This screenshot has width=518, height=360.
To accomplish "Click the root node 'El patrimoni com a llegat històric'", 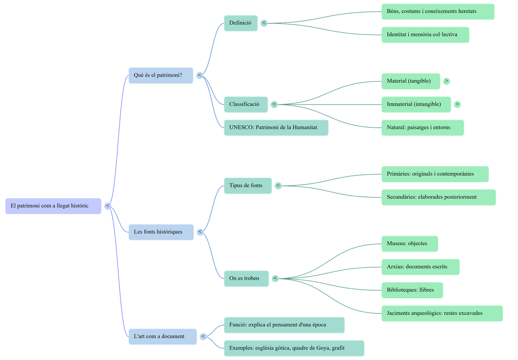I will pos(53,206).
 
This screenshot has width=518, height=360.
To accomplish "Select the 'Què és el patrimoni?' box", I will pos(161,75).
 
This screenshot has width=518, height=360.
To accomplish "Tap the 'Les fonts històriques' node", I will pos(161,232).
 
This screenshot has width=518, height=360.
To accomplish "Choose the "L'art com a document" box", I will pos(163,336).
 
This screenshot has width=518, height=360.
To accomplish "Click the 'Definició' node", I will pos(241,23).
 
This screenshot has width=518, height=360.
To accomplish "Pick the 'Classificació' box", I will pos(246,104).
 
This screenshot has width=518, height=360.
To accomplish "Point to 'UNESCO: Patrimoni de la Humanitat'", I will pos(276,127).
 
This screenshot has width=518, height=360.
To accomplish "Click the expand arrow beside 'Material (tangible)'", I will pos(446,81).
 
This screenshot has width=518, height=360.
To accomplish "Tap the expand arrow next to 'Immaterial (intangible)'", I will pos(457,104).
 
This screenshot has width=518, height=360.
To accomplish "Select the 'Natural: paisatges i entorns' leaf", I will pos(422,127).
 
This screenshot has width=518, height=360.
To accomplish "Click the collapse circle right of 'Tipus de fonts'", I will pos(278,186).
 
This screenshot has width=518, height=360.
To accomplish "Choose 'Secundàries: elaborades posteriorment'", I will pos(438,197).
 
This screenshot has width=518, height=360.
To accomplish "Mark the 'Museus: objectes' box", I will pos(410,244).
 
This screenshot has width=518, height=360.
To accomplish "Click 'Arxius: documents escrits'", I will pos(420,267).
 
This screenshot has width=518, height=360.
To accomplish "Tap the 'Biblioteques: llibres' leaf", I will pos(412,290).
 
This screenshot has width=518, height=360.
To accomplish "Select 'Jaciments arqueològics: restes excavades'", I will pos(442,313).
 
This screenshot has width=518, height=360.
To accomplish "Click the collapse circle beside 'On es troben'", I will pos(275,278).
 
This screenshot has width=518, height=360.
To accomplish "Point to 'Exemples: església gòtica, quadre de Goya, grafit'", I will pos(294,348).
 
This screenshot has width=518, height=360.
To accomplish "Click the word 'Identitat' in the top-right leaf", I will pos(396,34).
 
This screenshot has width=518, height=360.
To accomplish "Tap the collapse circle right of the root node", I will pos(108,206).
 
